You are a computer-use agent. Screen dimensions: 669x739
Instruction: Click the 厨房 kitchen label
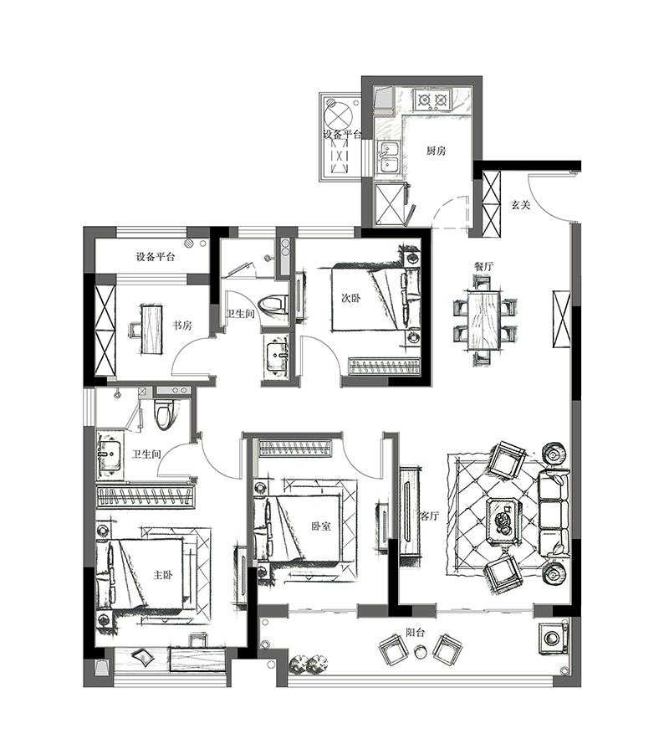click(x=436, y=151)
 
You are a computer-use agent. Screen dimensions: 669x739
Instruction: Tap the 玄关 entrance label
click(x=521, y=205)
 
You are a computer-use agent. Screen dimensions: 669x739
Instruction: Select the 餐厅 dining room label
click(x=483, y=266)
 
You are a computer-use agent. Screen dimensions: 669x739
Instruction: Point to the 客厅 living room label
click(x=429, y=516)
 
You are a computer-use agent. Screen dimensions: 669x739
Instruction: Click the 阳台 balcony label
click(x=416, y=633)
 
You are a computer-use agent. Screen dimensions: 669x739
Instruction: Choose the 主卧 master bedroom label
click(x=163, y=575)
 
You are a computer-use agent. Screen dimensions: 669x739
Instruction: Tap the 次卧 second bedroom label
click(x=350, y=298)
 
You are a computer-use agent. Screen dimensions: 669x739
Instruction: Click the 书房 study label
click(x=181, y=326)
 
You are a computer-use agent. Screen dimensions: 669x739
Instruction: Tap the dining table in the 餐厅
click(x=484, y=321)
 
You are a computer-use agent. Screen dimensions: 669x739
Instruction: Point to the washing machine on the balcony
click(x=552, y=638)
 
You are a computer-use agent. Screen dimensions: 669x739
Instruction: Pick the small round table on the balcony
click(x=420, y=651)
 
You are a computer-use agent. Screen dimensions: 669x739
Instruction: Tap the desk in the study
click(x=151, y=329)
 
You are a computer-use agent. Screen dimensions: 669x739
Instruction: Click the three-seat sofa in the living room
click(x=554, y=515)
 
